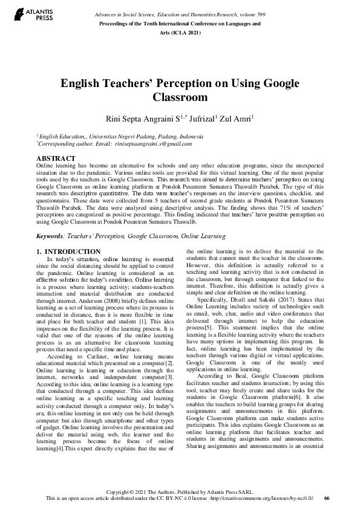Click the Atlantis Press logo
pos(24,14)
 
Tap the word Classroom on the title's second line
pos(180,97)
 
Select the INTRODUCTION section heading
pos(73,251)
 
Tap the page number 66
pos(327,498)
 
